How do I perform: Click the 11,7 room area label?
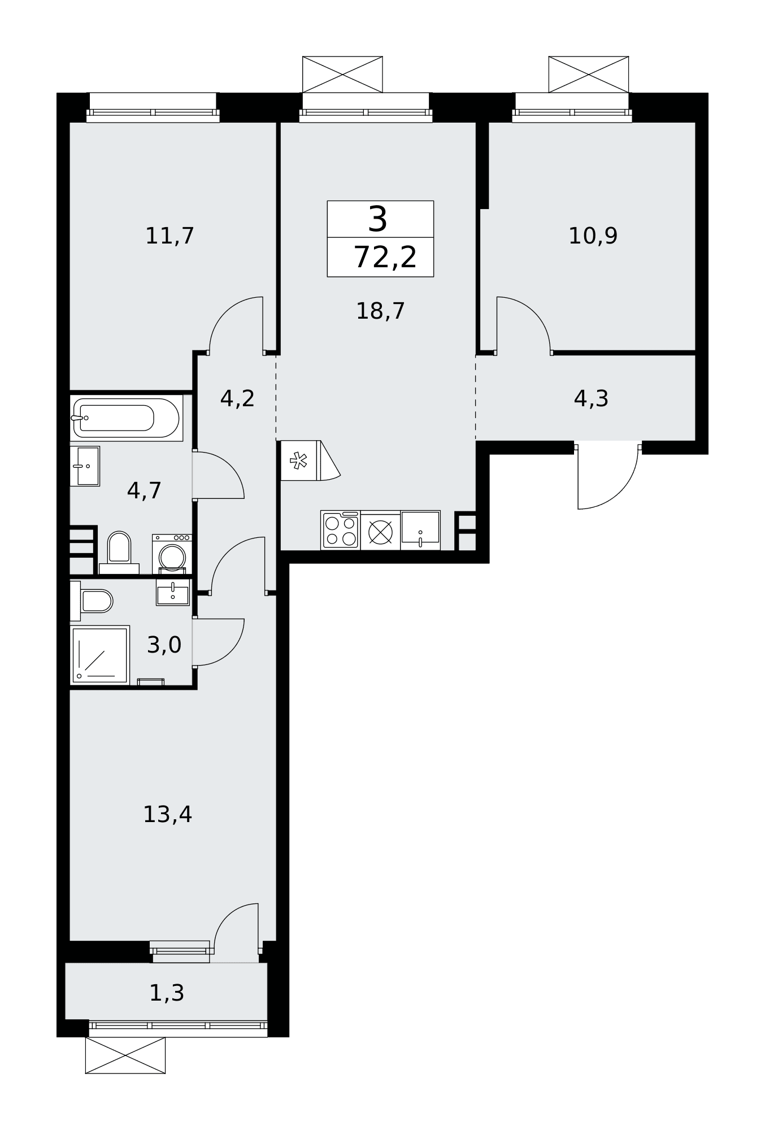pyautogui.click(x=169, y=236)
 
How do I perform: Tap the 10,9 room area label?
pyautogui.click(x=593, y=236)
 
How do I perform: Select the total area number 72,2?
pyautogui.click(x=385, y=258)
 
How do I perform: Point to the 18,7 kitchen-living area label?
pyautogui.click(x=380, y=311)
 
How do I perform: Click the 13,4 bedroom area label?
pyautogui.click(x=167, y=814)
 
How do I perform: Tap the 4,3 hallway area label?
pyautogui.click(x=591, y=398)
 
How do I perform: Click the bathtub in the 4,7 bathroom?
pyautogui.click(x=127, y=418)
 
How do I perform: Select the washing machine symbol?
pyautogui.click(x=172, y=554)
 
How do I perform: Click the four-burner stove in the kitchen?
pyautogui.click(x=340, y=530)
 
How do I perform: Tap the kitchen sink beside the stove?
pyautogui.click(x=420, y=530)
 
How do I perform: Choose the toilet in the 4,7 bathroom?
pyautogui.click(x=119, y=553)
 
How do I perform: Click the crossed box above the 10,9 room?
pyautogui.click(x=589, y=75)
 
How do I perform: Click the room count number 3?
pyautogui.click(x=378, y=219)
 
